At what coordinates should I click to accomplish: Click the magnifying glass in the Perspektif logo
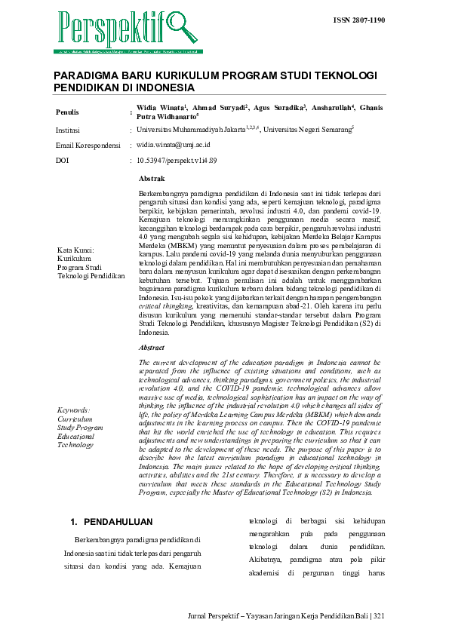point(180,26)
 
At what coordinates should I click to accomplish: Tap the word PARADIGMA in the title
point(85,77)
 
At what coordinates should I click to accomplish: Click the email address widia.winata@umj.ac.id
point(173,145)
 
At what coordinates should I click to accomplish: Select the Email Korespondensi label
point(88,145)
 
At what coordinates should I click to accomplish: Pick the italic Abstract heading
point(152,348)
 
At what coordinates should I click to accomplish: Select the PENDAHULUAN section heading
point(118,521)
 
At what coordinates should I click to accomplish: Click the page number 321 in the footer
point(378,616)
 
